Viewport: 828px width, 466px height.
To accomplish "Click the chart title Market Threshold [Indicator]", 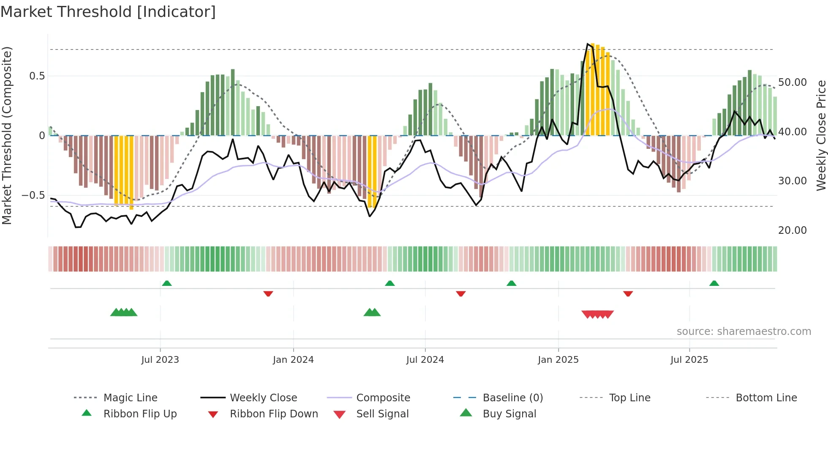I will (108, 12).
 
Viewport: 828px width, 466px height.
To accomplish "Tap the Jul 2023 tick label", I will (160, 360).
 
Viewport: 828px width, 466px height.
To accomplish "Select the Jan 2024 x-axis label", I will (293, 360).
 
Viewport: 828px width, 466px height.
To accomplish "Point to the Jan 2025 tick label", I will (558, 360).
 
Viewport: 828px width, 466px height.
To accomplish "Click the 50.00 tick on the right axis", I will (792, 82).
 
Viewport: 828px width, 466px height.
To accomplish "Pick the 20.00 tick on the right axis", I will (792, 230).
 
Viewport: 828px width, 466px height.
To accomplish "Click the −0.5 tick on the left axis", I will (33, 195).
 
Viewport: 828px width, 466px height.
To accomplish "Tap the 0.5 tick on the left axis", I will (37, 76).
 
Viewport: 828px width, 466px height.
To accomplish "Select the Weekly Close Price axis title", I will (821, 135).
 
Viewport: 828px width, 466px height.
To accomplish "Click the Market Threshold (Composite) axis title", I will (7, 135).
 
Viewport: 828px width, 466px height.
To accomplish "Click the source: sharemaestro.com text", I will (744, 332).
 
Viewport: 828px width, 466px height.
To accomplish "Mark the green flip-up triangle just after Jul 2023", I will (167, 283).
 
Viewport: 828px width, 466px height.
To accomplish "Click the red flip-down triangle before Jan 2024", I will (268, 293).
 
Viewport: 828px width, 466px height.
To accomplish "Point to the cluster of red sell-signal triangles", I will (597, 314).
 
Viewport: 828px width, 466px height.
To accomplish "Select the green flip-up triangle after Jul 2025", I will (714, 283).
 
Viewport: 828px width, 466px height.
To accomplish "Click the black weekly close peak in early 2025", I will (588, 44).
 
